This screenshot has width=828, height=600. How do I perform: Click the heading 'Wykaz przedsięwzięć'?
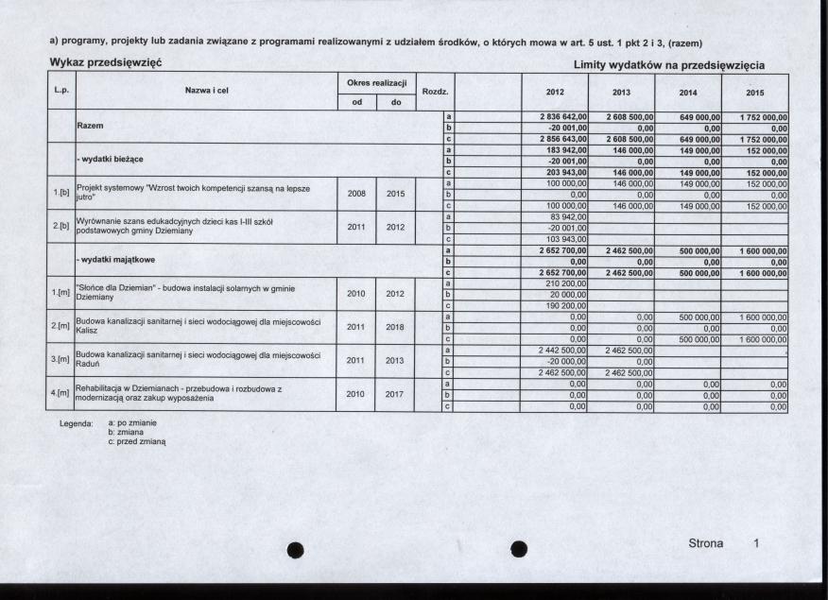pyautogui.click(x=106, y=61)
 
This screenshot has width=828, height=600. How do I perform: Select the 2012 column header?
pyautogui.click(x=554, y=93)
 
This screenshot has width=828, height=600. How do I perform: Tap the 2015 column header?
pyautogui.click(x=754, y=93)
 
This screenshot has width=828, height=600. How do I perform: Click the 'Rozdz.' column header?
pyautogui.click(x=434, y=92)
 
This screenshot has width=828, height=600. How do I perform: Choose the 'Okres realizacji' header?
pyautogui.click(x=375, y=84)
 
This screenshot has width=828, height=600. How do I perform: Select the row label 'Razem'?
pyautogui.click(x=91, y=125)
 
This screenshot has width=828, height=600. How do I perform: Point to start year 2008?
pyautogui.click(x=355, y=194)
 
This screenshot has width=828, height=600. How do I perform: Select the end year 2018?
pyautogui.click(x=395, y=327)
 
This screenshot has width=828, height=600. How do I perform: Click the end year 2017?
pyautogui.click(x=395, y=394)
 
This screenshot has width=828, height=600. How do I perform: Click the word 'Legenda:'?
pyautogui.click(x=75, y=425)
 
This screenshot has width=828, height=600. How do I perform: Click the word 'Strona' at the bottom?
pyautogui.click(x=705, y=543)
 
